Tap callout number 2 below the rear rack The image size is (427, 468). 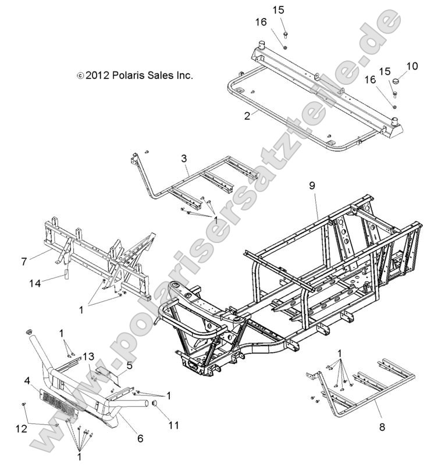click(x=247, y=115)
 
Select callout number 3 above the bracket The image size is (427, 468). click(x=184, y=159)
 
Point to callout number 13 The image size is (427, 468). click(x=88, y=356)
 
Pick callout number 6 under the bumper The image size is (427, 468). click(x=140, y=438)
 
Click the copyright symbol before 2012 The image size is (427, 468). click(x=80, y=76)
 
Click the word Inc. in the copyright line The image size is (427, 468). click(x=184, y=76)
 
